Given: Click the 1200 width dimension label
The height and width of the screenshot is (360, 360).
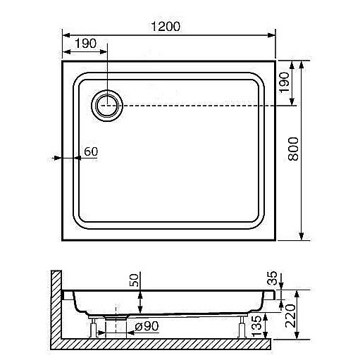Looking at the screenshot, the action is click(x=166, y=26).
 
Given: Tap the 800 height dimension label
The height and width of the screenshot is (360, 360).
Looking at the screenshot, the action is click(x=293, y=149).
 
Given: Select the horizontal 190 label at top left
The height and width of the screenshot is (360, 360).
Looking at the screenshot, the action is click(x=86, y=44).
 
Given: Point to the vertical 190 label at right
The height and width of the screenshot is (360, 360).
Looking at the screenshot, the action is click(x=285, y=82).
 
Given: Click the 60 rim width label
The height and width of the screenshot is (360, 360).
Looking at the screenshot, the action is click(x=91, y=151).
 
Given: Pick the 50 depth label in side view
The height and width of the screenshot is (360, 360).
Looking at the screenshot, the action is click(x=134, y=280).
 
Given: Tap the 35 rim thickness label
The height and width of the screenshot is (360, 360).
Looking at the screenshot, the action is click(x=273, y=278).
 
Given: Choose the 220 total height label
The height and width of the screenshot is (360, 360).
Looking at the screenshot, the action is click(x=290, y=316).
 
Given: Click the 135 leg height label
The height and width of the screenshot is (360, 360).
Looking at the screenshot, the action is click(x=256, y=325).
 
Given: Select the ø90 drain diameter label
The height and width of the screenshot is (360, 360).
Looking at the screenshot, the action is click(x=147, y=326).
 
